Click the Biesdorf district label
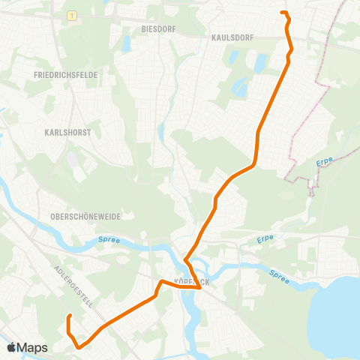(x=158, y=29)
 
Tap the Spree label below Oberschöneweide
(x=109, y=240)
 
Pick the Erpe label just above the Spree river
(x=264, y=238)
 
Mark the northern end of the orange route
(x=282, y=13)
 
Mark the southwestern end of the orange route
(x=69, y=316)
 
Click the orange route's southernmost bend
(x=79, y=347)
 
